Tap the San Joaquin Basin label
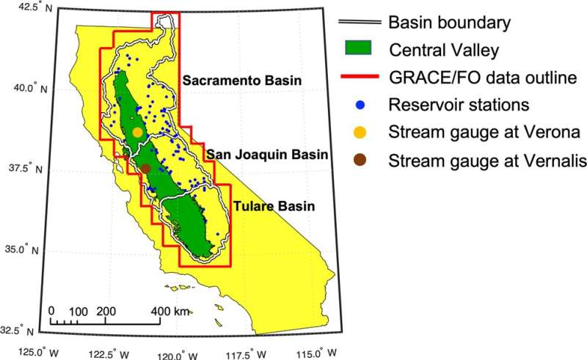(266, 155)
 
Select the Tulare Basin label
(274, 207)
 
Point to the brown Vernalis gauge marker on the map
(146, 169)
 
